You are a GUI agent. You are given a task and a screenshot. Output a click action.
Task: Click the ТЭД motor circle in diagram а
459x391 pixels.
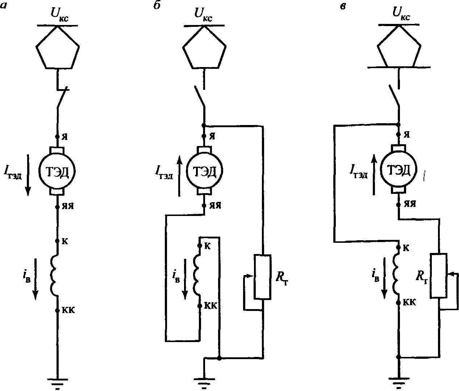[57, 171]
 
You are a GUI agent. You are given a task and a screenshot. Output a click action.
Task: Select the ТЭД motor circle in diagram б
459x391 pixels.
[204, 171]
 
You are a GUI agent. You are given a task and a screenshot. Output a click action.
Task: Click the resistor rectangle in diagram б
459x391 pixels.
[262, 277]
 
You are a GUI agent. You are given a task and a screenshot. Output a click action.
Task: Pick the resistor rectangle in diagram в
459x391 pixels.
[439, 276]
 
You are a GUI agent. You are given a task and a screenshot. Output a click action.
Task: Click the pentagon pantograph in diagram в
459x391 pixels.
[399, 47]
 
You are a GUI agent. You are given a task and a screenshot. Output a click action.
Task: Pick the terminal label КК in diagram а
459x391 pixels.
[68, 311]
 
